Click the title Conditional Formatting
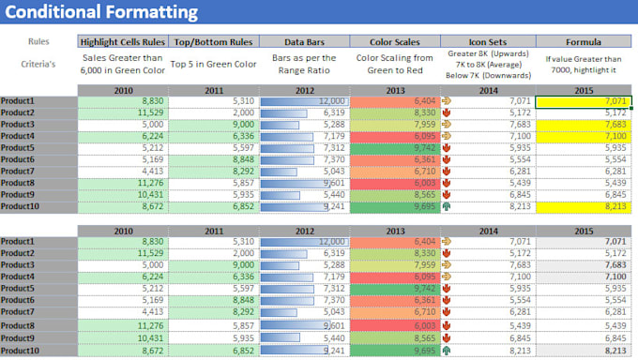[x=100, y=12]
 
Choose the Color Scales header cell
[x=395, y=42]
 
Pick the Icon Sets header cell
[x=487, y=42]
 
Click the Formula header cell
[x=584, y=42]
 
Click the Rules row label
[x=38, y=42]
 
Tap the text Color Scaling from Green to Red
[x=395, y=65]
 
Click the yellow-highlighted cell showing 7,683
[x=584, y=124]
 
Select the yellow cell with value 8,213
[x=584, y=205]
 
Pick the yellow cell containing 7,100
[x=584, y=136]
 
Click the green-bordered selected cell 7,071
[x=584, y=100]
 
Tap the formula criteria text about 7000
[x=584, y=65]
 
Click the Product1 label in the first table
[x=19, y=100]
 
